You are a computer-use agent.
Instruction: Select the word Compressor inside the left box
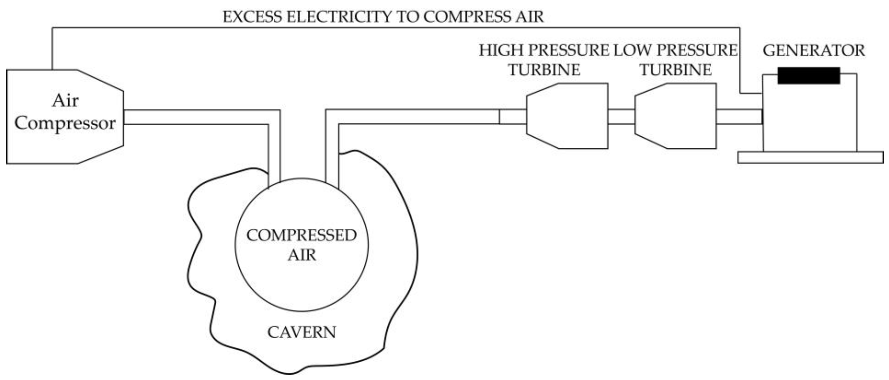[x=65, y=123]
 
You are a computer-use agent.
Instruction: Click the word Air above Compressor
[x=65, y=101]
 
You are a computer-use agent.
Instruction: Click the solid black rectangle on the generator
[x=809, y=76]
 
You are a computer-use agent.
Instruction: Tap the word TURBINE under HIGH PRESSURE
[x=544, y=70]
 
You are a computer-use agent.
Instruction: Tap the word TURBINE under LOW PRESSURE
[x=676, y=70]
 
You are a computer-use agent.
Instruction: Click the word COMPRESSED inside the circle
[x=301, y=235]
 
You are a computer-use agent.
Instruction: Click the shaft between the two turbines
[x=621, y=117]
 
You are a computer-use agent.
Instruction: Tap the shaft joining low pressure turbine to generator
[x=739, y=117]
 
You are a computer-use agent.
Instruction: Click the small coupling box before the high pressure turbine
[x=512, y=117]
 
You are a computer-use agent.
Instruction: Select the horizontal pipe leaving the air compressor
[x=193, y=117]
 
